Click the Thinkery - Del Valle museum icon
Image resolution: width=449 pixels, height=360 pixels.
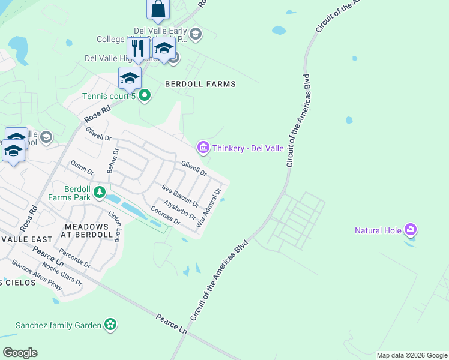click(203, 147)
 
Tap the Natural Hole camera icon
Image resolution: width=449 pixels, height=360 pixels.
click(411, 230)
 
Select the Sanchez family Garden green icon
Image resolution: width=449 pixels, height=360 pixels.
click(110, 325)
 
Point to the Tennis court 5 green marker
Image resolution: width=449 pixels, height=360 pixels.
click(145, 95)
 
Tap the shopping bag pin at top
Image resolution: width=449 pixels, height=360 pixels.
click(158, 9)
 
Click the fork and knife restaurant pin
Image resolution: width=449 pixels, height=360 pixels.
click(138, 48)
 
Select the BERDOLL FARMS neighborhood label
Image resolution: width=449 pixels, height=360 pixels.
click(200, 84)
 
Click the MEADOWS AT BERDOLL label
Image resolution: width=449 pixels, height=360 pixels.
click(88, 230)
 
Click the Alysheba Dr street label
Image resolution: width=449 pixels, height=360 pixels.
click(179, 209)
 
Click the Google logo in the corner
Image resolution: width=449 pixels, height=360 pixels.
click(20, 353)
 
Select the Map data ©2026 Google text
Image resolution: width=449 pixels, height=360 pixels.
click(411, 355)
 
